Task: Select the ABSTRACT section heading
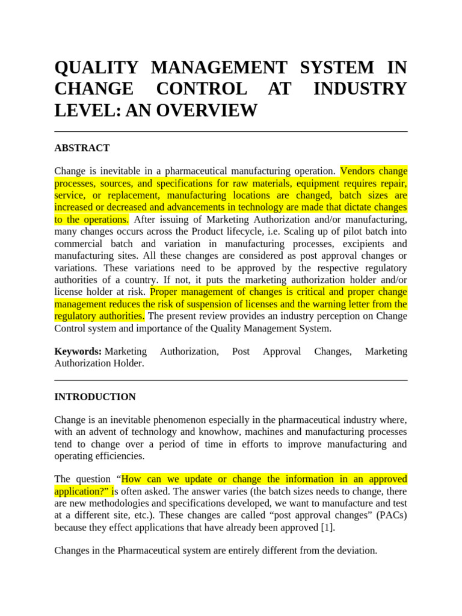pos(82,148)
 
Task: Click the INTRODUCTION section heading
pos(95,397)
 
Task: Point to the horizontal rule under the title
pos(231,132)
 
